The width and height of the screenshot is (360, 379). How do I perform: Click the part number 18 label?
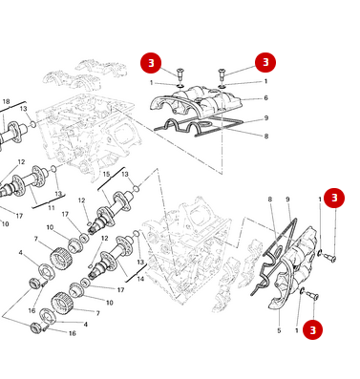point(6,101)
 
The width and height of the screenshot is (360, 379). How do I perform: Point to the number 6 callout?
point(265,98)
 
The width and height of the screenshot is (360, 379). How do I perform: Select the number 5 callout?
point(279,330)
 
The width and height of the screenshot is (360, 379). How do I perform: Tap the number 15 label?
point(107,174)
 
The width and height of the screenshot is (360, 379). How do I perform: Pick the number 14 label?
point(140,279)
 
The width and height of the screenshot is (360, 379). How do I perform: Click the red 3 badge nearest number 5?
point(314,329)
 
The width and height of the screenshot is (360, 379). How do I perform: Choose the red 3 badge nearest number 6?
point(265,62)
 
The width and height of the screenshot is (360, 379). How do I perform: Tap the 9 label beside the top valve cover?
point(265,117)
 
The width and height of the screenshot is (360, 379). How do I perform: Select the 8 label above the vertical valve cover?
point(270,199)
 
